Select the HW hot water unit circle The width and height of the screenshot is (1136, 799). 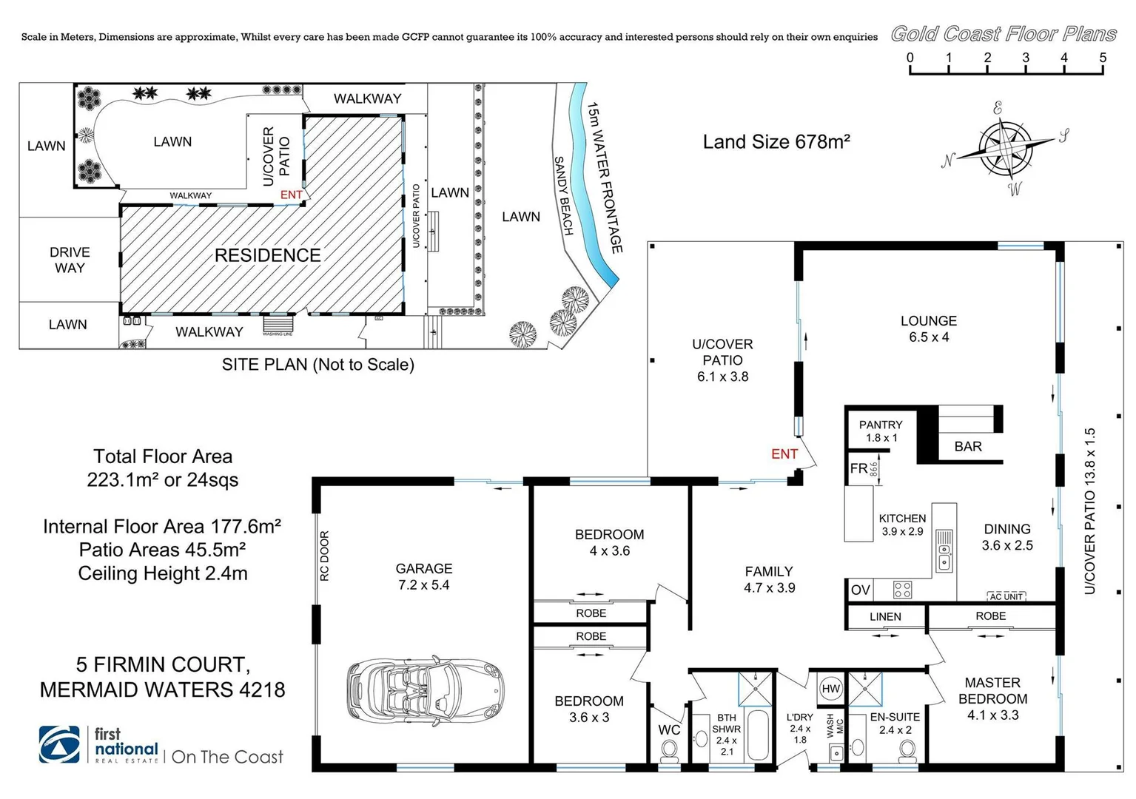pyautogui.click(x=831, y=689)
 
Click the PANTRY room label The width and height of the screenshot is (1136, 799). pyautogui.click(x=881, y=425)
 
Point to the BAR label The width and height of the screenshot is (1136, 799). pyautogui.click(x=968, y=446)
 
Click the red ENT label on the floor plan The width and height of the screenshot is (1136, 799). pyautogui.click(x=784, y=454)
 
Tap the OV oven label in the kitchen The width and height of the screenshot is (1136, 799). pyautogui.click(x=860, y=590)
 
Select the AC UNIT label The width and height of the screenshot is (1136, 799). pyautogui.click(x=1006, y=596)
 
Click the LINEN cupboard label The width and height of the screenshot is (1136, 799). pyautogui.click(x=885, y=616)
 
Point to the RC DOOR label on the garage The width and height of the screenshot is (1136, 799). pyautogui.click(x=324, y=556)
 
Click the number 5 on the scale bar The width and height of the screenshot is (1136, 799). pyautogui.click(x=1103, y=58)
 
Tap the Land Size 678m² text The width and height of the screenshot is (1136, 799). pyautogui.click(x=776, y=142)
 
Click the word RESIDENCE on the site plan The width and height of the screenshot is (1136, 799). pyautogui.click(x=267, y=255)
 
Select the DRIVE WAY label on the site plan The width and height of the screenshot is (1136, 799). pyautogui.click(x=70, y=260)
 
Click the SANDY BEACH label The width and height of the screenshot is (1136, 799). pyautogui.click(x=564, y=196)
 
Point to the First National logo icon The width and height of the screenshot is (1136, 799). pyautogui.click(x=60, y=744)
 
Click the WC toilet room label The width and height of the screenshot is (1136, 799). pyautogui.click(x=669, y=729)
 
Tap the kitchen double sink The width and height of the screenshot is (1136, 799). pyautogui.click(x=944, y=550)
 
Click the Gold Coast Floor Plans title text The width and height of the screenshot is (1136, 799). pyautogui.click(x=1004, y=34)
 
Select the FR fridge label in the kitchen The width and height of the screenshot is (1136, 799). pyautogui.click(x=858, y=468)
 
